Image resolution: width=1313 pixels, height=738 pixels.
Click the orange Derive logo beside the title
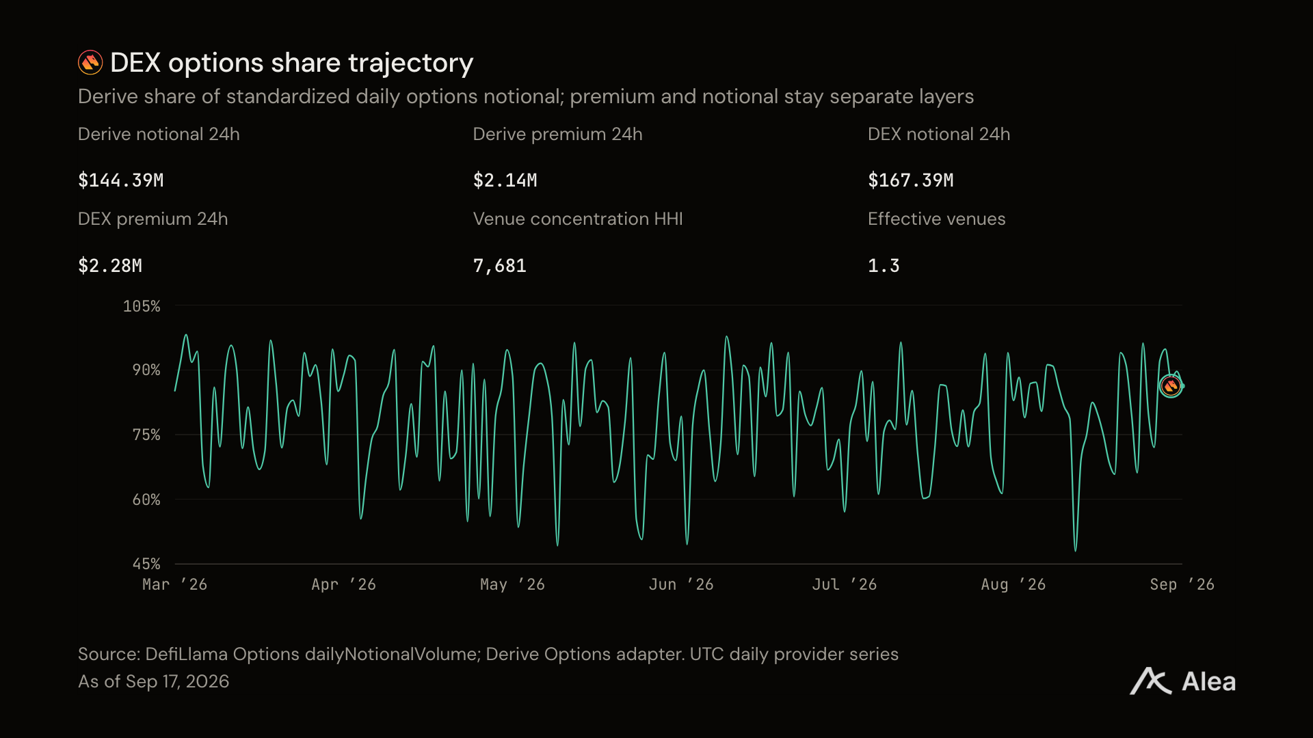coord(90,62)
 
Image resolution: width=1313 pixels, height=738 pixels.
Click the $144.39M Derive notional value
coord(121,180)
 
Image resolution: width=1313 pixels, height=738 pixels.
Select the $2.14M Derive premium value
coord(505,180)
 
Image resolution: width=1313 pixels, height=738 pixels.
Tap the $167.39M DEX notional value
coord(911,180)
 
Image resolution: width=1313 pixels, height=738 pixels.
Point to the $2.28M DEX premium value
coord(110,266)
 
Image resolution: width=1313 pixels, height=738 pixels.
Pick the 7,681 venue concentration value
coord(500,266)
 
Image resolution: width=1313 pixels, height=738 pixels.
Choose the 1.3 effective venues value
coord(884,266)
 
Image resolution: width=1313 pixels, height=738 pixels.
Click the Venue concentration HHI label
coord(578,219)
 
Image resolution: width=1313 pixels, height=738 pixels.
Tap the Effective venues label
coord(937,219)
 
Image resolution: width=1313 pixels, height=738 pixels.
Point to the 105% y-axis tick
coord(142,306)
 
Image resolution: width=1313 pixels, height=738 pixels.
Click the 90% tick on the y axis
coord(146,370)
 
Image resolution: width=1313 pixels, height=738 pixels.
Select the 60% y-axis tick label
coord(146,500)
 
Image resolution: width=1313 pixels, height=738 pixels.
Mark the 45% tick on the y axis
coord(146,564)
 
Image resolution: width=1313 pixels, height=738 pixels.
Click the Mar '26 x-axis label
coord(174,584)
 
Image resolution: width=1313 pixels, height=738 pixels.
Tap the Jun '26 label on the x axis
coord(681,584)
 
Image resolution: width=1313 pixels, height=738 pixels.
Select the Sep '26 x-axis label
coord(1182,584)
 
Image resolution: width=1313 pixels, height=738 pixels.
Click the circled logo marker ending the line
coord(1171,386)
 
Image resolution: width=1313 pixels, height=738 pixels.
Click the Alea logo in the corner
coord(1183,681)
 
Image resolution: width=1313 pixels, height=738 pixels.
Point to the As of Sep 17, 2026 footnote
coord(154,681)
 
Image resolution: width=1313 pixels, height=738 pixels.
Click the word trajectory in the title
coord(410,64)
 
